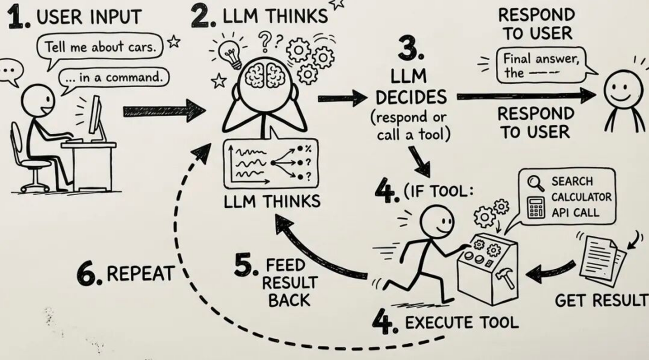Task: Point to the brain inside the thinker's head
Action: (265, 75)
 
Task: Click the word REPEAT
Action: (141, 273)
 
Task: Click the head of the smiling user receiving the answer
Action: (619, 90)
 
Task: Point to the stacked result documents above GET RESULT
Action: (603, 261)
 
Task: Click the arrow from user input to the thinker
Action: (165, 111)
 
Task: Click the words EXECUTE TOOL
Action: (462, 322)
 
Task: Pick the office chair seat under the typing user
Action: (36, 164)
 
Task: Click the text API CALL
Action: (575, 213)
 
